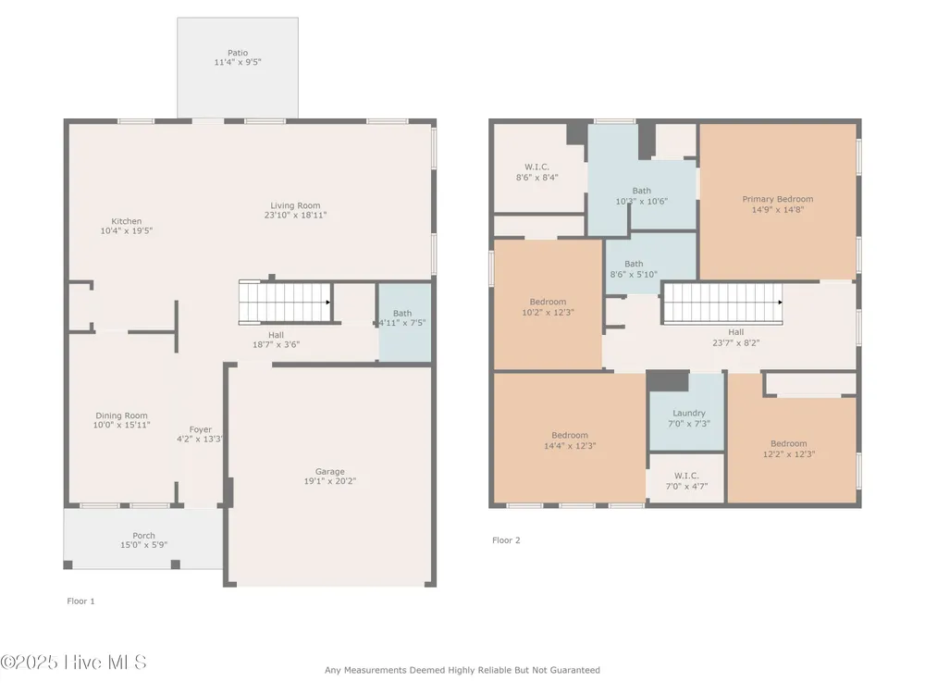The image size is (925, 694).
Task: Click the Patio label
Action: [x=238, y=53]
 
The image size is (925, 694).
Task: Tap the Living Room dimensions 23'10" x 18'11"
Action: [x=296, y=216]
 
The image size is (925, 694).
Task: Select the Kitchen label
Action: [x=126, y=221]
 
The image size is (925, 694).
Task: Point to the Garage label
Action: [x=330, y=472]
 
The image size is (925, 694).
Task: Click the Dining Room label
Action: [x=121, y=415]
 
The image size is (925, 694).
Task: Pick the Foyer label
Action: [x=201, y=429]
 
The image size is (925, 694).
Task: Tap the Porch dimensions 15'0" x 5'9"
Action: [x=144, y=545]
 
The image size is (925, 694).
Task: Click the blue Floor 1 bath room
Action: [x=405, y=322]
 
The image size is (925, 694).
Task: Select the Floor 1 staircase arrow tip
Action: [x=328, y=303]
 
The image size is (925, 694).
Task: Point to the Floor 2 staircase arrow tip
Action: [x=781, y=303]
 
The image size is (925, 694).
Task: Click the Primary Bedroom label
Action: [x=778, y=199]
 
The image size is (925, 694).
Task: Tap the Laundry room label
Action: [x=689, y=413]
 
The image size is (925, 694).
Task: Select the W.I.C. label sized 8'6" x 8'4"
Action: [x=536, y=167]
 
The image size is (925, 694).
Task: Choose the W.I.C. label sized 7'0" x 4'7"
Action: [x=686, y=476]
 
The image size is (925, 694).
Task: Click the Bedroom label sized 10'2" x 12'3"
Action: [x=548, y=302]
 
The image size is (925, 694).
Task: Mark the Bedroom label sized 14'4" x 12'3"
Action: [x=570, y=436]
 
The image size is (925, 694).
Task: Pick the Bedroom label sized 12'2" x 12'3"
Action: [x=789, y=444]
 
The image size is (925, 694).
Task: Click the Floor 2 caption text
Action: [x=506, y=540]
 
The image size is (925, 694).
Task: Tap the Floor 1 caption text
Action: [x=80, y=601]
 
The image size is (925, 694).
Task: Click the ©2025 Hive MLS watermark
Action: [x=73, y=663]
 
